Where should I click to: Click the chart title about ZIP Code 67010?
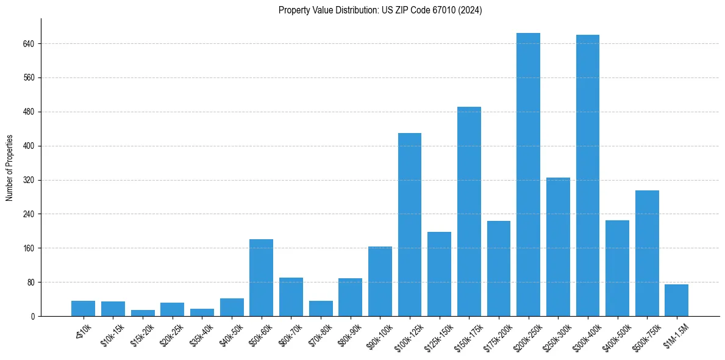[x=380, y=10]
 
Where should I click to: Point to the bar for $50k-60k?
[x=261, y=278]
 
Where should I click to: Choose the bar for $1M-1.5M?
[x=676, y=300]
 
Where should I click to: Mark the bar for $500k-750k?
[x=647, y=253]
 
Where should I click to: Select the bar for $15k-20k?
[x=143, y=313]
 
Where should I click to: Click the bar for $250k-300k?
[x=558, y=247]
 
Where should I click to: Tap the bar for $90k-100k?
[x=380, y=281]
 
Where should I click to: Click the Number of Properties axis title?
[x=10, y=168]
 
